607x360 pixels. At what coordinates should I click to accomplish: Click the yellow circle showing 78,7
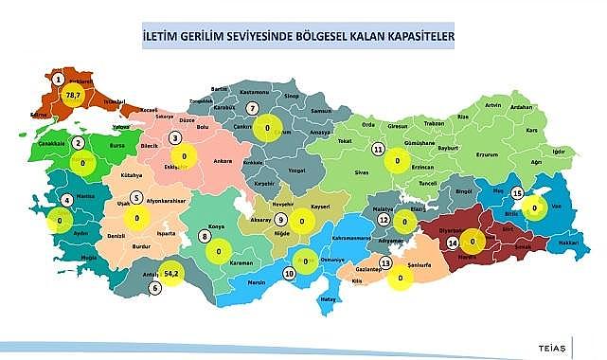pos(73,95)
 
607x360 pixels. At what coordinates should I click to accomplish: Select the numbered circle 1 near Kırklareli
pos(59,79)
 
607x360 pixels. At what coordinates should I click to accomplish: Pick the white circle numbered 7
pos(251,108)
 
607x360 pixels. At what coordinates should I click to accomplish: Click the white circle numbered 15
pos(516,193)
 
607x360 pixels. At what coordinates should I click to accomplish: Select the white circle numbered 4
pos(66,200)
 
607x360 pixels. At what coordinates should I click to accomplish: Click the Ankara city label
pos(224,161)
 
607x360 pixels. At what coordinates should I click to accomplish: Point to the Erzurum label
pos(490,152)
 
